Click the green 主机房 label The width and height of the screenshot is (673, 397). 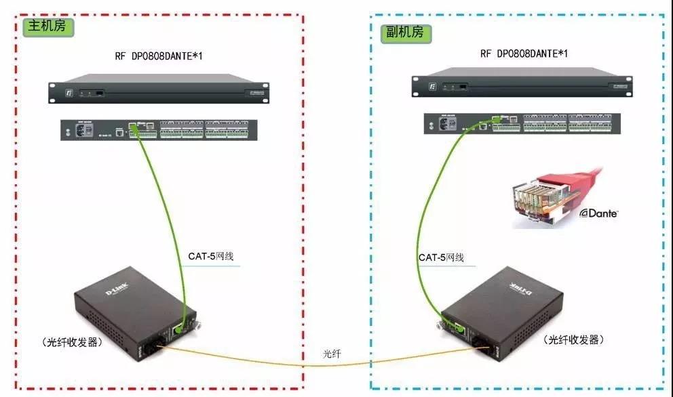click(x=48, y=27)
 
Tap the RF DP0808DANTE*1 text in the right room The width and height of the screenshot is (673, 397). click(x=523, y=54)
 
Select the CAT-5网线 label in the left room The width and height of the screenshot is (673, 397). click(x=214, y=256)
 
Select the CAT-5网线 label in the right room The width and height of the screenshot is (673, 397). click(x=440, y=257)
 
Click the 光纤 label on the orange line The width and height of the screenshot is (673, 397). click(x=332, y=354)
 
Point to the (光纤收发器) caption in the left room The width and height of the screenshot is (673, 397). click(x=72, y=342)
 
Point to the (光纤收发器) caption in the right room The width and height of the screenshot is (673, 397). click(x=573, y=339)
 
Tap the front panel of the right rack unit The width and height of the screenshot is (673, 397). click(x=522, y=85)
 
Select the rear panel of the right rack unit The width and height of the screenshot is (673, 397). click(x=522, y=123)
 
